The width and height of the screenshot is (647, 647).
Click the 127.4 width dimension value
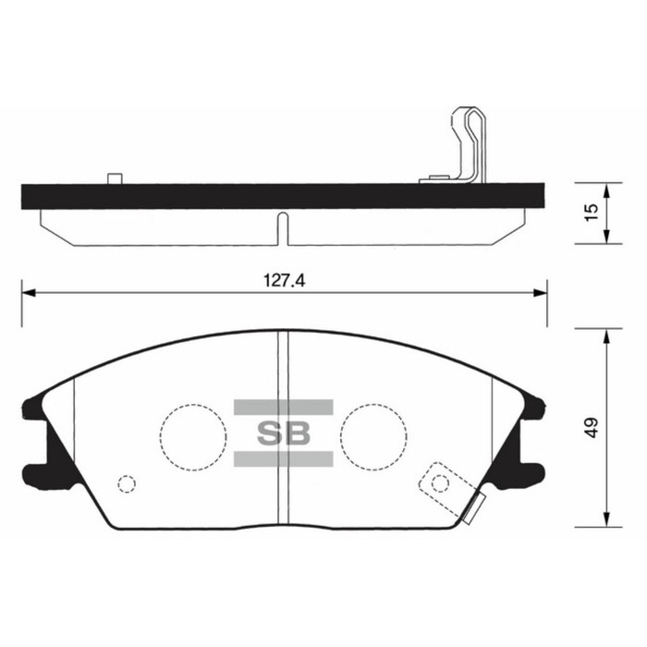(x=282, y=281)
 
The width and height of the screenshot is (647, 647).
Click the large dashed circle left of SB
(x=193, y=434)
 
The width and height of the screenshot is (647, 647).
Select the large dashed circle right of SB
(x=372, y=434)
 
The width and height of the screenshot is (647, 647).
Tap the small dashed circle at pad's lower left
(x=128, y=483)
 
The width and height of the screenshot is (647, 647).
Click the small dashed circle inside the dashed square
(x=440, y=482)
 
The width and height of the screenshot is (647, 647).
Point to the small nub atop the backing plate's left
(x=115, y=178)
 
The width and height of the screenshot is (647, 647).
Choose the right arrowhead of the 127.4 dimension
(x=540, y=293)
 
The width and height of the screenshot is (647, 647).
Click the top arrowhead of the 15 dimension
(x=605, y=189)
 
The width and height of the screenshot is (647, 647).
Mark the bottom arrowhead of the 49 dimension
(x=605, y=519)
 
